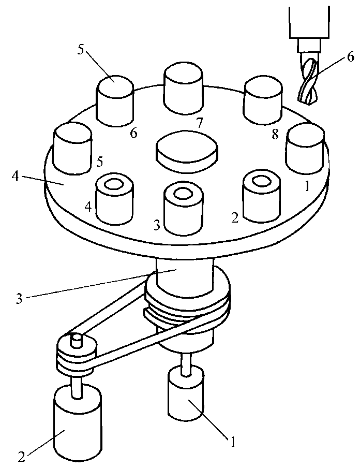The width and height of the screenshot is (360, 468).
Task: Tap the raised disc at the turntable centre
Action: click(x=187, y=151)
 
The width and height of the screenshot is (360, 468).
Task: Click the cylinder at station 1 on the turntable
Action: click(x=305, y=149)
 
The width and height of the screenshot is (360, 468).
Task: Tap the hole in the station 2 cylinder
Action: click(x=260, y=181)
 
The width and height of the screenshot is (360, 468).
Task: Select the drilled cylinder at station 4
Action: click(x=114, y=198)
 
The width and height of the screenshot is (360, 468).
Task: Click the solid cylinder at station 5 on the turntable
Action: click(x=72, y=149)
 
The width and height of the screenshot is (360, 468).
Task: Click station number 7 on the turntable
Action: click(x=199, y=123)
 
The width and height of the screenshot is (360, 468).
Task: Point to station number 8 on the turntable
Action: click(x=275, y=135)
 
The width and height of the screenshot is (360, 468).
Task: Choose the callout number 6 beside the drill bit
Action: click(x=351, y=57)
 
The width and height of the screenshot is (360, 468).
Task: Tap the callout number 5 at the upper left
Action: click(x=80, y=50)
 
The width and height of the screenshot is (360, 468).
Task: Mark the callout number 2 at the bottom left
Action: click(x=21, y=457)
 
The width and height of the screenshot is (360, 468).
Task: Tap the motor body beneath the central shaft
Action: click(x=186, y=393)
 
